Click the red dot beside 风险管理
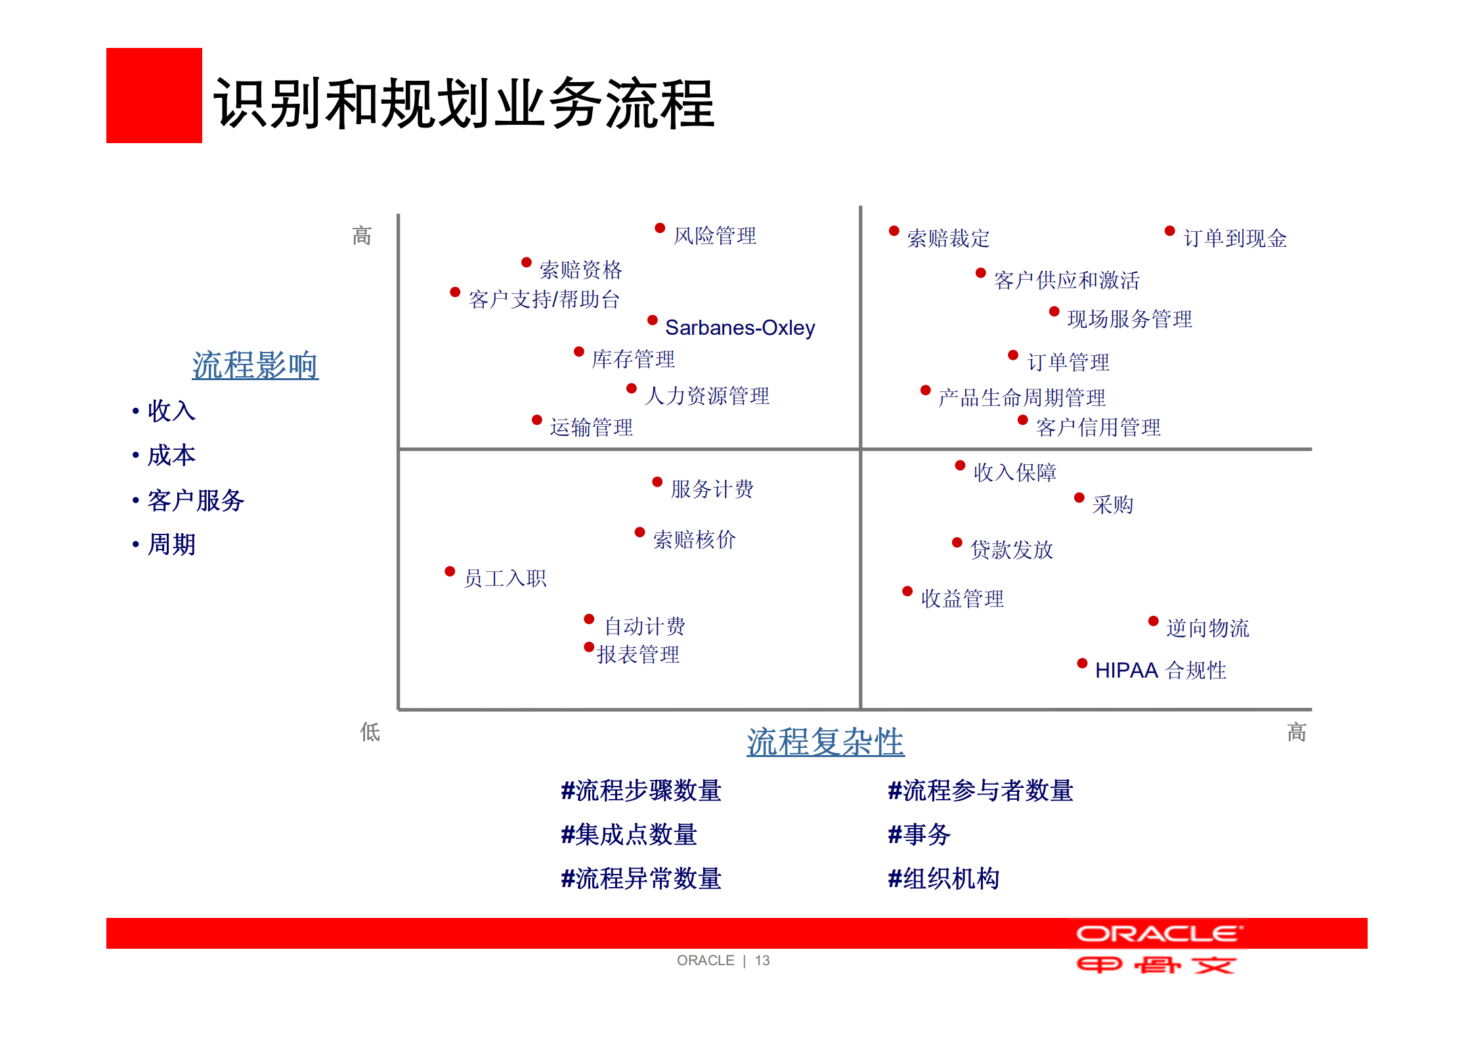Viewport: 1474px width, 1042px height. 660,228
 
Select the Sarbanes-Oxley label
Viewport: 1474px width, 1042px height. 740,328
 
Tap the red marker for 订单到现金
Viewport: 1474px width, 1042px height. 1169,230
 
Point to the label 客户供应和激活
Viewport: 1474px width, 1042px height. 1066,280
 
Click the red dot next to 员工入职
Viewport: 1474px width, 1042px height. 450,571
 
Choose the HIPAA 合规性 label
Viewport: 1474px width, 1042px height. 1160,670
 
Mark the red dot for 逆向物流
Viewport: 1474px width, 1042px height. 1153,621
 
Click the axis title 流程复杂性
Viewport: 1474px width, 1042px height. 825,743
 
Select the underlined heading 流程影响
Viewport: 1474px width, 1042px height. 255,366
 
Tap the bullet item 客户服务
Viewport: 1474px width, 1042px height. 196,501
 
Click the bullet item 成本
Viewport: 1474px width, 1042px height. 171,456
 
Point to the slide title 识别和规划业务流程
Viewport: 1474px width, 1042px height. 464,104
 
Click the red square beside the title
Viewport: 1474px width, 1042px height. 154,95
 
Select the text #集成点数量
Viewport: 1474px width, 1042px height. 628,835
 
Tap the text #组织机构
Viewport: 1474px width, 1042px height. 943,879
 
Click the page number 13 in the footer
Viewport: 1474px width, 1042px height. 762,961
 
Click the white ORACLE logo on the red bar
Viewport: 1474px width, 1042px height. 1159,934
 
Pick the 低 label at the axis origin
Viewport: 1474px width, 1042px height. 370,732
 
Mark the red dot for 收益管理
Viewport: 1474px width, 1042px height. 907,591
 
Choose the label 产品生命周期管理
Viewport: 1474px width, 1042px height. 1022,398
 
